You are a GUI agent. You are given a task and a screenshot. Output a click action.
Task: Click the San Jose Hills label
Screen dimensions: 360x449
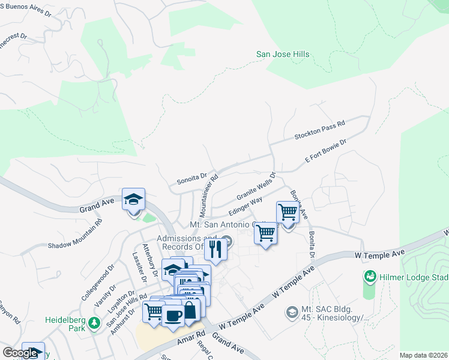click(x=283, y=55)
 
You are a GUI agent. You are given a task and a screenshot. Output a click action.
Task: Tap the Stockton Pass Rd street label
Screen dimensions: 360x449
click(x=319, y=130)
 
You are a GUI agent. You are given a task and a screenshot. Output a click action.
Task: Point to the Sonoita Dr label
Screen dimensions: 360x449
click(x=191, y=179)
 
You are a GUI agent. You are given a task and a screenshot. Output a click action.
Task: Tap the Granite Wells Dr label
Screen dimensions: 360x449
click(x=255, y=187)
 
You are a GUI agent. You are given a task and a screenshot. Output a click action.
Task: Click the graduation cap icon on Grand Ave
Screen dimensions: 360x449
click(x=133, y=200)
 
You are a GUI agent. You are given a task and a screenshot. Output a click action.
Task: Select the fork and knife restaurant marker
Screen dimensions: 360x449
click(x=215, y=248)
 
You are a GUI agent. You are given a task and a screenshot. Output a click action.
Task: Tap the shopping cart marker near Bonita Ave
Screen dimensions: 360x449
click(x=288, y=212)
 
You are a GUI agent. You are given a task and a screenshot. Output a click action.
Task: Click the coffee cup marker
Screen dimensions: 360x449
click(x=173, y=314)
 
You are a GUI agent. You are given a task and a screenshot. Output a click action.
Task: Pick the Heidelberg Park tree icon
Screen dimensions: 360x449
click(x=94, y=323)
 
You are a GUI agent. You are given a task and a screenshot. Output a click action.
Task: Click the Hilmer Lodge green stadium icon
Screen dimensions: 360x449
click(x=370, y=277)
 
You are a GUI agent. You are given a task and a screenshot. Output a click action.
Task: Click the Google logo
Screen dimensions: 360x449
click(x=20, y=353)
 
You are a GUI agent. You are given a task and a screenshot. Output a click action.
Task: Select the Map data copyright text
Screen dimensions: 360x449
click(x=424, y=355)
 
